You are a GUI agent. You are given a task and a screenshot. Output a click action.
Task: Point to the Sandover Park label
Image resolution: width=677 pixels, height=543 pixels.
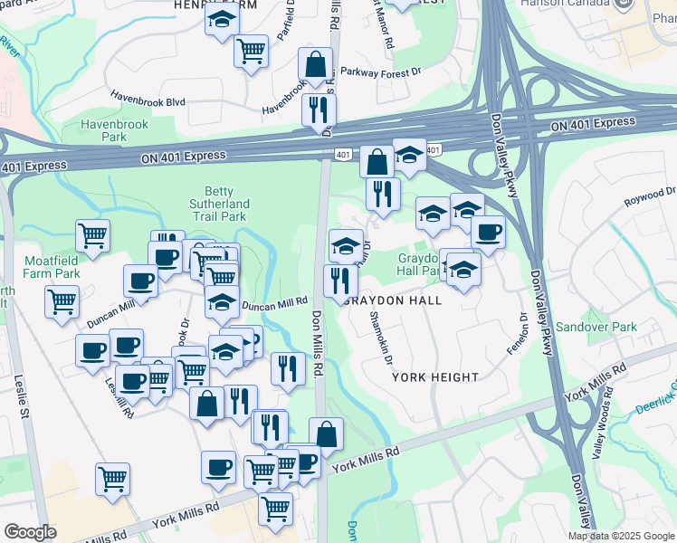pyautogui.click(x=596, y=327)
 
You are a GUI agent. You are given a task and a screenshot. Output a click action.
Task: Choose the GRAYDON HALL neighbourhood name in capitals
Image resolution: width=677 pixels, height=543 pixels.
pyautogui.click(x=394, y=300)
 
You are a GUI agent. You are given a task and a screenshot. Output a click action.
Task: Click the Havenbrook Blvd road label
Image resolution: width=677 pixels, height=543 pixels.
pyautogui.click(x=148, y=100)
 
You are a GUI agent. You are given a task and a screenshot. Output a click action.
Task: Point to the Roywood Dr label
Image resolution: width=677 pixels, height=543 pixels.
pyautogui.click(x=650, y=194)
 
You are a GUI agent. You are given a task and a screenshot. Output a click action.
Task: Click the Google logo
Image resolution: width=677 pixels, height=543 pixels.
pyautogui.click(x=30, y=532)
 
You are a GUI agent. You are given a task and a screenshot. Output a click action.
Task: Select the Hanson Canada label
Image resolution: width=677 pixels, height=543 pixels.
pyautogui.click(x=561, y=4)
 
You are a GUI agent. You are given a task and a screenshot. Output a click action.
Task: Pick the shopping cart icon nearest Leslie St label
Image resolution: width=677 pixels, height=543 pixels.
pyautogui.click(x=112, y=477)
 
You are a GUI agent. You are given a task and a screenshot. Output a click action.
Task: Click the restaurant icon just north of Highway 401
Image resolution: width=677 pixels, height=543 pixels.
pyautogui.click(x=319, y=110)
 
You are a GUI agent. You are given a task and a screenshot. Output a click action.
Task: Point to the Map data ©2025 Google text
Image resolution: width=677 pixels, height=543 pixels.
pyautogui.click(x=620, y=536)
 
